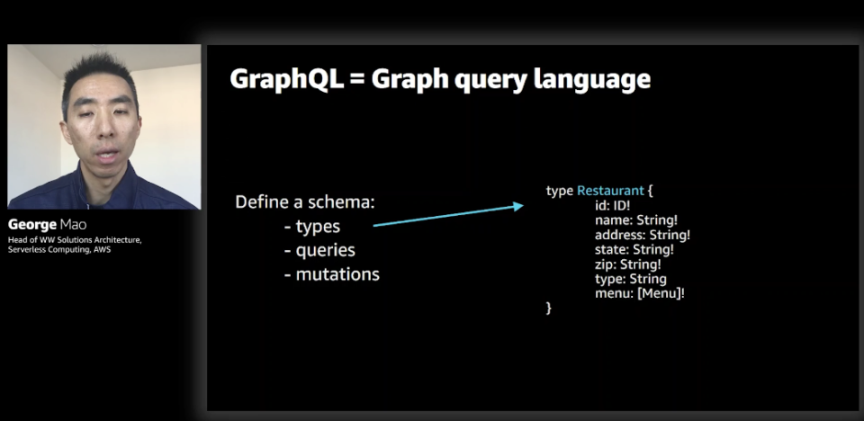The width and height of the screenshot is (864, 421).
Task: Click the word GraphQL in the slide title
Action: click(x=285, y=79)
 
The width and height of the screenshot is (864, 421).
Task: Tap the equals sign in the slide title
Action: click(x=356, y=80)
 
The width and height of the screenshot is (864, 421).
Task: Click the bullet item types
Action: click(x=312, y=227)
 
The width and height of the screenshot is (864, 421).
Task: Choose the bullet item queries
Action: click(x=319, y=251)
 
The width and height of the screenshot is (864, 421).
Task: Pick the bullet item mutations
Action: click(x=332, y=273)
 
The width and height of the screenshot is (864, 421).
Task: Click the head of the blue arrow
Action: click(x=518, y=206)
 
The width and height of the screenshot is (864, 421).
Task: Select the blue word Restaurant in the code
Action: click(x=610, y=191)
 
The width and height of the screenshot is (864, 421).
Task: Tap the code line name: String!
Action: click(x=636, y=220)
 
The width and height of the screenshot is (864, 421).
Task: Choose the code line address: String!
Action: click(x=643, y=236)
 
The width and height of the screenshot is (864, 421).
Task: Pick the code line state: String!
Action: click(x=634, y=249)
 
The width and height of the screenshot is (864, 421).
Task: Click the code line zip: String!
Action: click(x=628, y=264)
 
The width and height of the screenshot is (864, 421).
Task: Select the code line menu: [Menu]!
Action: click(x=640, y=293)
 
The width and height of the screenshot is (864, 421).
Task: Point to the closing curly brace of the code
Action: click(x=548, y=308)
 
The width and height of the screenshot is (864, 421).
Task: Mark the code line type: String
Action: click(x=630, y=279)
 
